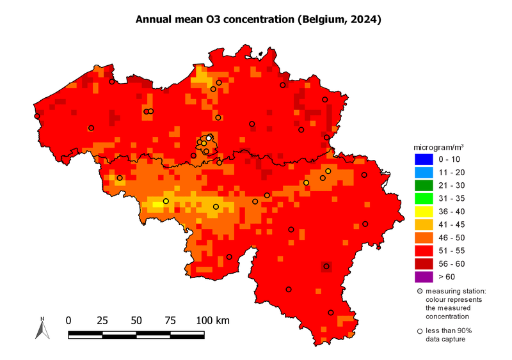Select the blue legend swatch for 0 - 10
424,159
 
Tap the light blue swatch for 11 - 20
424,172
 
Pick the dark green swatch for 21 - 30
424,185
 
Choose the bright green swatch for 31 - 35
424,198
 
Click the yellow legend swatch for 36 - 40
424,211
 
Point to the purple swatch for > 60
424,277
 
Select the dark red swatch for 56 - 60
424,263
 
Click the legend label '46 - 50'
452,237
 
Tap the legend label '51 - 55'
452,251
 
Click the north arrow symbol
42,328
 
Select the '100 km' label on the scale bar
212,320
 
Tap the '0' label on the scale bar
69,320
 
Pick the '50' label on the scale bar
136,320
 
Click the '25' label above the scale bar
102,320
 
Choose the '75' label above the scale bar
170,320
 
